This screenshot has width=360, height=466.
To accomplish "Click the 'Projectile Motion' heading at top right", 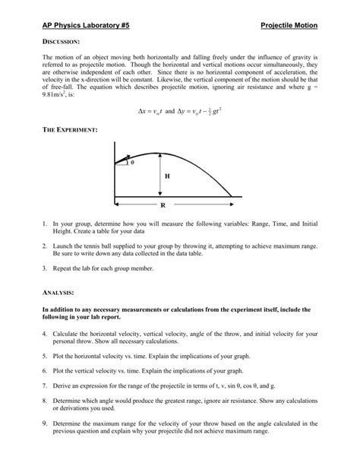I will [288, 26].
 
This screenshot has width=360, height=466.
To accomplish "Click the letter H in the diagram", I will [166, 176].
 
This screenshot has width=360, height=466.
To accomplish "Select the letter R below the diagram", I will [163, 206].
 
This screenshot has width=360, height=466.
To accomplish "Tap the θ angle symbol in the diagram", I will [132, 163].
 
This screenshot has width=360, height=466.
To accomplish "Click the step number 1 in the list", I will [45, 224].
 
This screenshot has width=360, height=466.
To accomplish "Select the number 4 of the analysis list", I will [45, 334].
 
